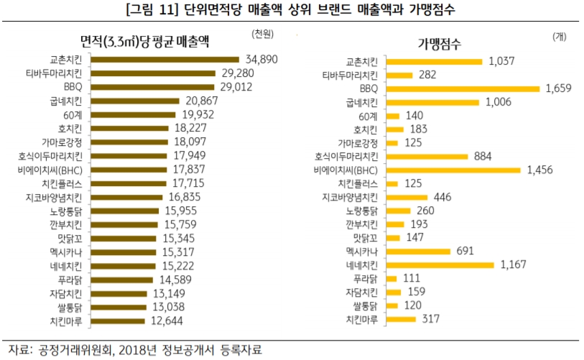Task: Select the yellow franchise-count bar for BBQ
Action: pyautogui.click(x=462, y=88)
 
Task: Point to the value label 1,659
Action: pyautogui.click(x=561, y=88)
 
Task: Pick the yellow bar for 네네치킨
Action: pyautogui.click(x=440, y=265)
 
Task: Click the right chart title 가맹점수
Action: pyautogui.click(x=440, y=42)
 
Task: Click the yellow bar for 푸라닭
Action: pyautogui.click(x=392, y=279)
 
